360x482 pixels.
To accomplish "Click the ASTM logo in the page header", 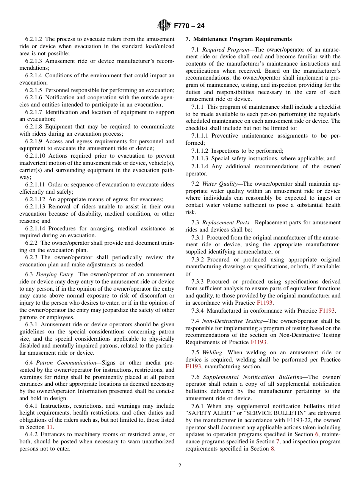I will tap(164, 26).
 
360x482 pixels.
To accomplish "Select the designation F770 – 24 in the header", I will tap(189, 26).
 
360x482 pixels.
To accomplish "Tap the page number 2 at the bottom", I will tap(180, 466).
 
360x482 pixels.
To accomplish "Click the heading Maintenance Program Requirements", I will tap(242, 39).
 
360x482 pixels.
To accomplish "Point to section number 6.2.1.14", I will tap(35, 228).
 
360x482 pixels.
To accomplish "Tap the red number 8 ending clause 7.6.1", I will tap(273, 449).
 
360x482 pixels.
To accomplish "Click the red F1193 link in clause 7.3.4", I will tap(327, 311).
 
